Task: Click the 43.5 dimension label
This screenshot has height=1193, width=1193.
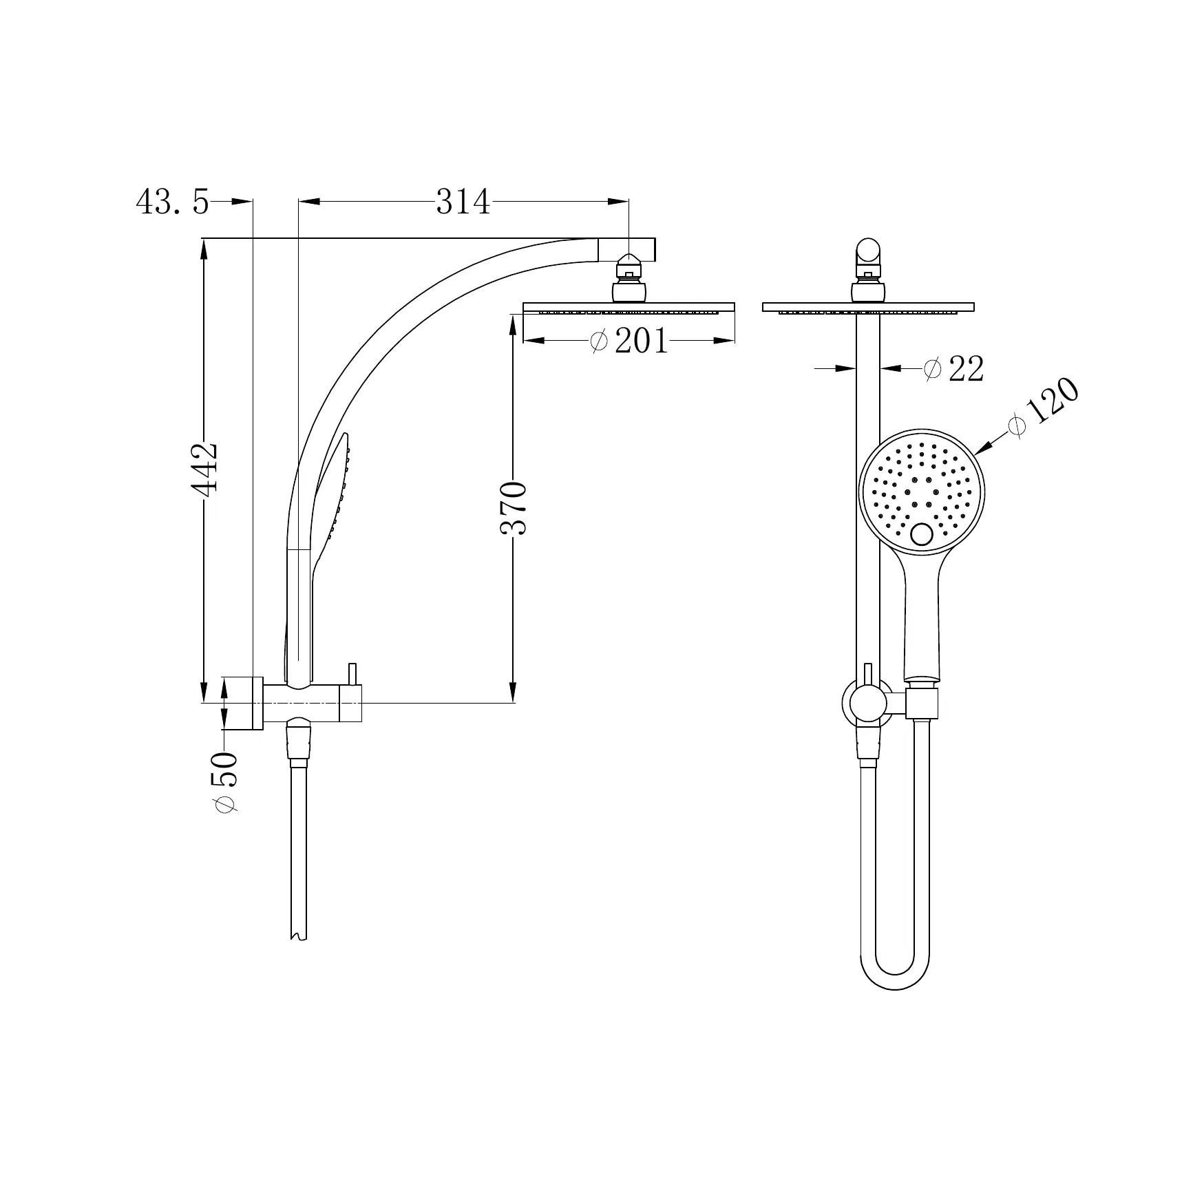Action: pos(172,202)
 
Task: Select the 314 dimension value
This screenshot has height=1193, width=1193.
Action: pos(463,202)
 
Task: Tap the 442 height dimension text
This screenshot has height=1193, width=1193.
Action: pos(205,467)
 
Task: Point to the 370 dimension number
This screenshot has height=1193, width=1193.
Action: pos(514,509)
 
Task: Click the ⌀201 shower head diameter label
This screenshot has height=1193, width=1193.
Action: pos(630,341)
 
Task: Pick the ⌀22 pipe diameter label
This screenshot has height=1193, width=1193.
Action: pos(953,369)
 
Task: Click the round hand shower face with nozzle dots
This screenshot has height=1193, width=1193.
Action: pos(922,490)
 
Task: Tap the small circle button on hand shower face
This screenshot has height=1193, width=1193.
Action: pos(921,534)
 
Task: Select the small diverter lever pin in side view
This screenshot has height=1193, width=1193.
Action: pos(353,674)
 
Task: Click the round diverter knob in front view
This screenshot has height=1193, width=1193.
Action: pos(868,704)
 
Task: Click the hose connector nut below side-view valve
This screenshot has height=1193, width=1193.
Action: pos(299,748)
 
